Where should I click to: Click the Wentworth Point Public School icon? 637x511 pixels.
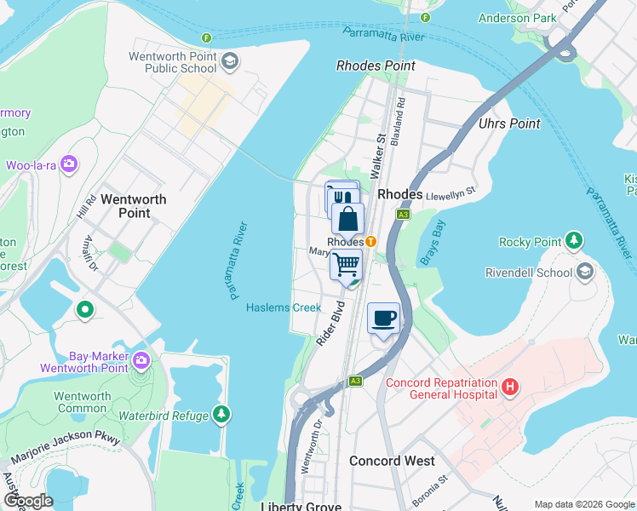(x=230, y=61)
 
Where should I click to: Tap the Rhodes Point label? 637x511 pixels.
(x=376, y=66)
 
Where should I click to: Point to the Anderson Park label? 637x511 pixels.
(x=517, y=18)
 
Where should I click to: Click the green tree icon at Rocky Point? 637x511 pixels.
(x=575, y=241)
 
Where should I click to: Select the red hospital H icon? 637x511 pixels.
(x=510, y=388)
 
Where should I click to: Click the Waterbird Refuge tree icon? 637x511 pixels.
(x=221, y=415)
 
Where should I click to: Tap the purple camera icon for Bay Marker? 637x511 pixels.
(x=141, y=361)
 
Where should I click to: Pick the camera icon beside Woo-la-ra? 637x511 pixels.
(x=69, y=164)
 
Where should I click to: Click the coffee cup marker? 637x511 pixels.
(x=383, y=319)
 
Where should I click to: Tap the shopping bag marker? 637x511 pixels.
(x=347, y=220)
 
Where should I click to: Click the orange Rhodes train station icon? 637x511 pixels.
(x=371, y=242)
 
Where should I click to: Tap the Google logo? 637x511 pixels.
(x=29, y=501)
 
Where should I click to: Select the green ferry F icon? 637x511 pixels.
(x=207, y=38)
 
